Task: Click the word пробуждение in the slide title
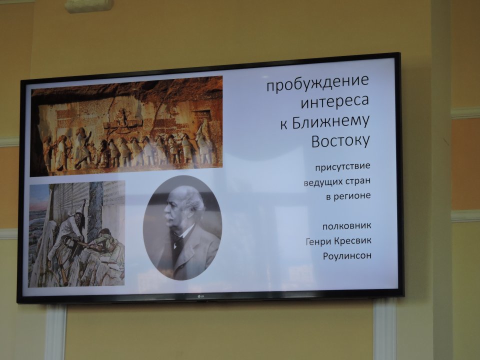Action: pos(318,83)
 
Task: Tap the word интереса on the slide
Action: pos(335,102)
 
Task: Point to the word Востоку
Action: pos(340,141)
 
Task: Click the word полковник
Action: pos(346,226)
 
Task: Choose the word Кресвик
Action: pos(352,240)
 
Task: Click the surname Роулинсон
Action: pos(347,255)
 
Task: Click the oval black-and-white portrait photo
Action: pos(182,227)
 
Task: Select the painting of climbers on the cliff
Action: pos(77,233)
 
